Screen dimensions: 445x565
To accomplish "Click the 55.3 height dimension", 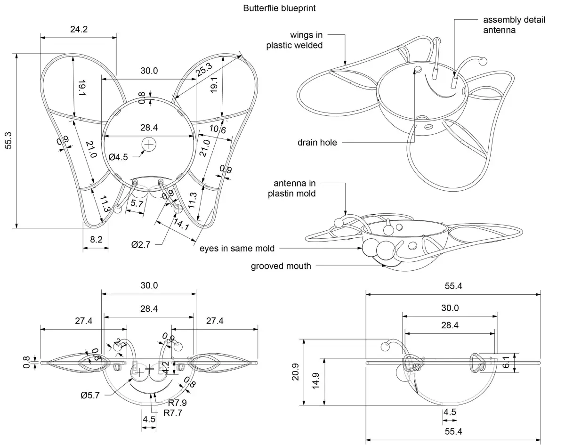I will click(x=8, y=140).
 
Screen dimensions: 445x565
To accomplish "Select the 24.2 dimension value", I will click(x=79, y=29).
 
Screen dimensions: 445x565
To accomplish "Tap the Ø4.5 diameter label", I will click(x=118, y=157).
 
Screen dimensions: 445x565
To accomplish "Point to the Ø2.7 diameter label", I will click(x=141, y=244).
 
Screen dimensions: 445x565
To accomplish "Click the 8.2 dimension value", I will click(x=96, y=239).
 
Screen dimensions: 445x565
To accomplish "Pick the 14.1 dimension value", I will click(x=182, y=227).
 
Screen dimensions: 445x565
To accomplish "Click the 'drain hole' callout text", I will click(x=317, y=142).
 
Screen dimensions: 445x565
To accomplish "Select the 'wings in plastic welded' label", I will click(x=294, y=40).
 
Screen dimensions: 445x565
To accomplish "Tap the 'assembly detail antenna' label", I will click(x=514, y=25).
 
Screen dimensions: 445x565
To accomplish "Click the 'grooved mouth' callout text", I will click(x=281, y=267).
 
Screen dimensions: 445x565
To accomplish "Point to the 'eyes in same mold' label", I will click(x=237, y=248).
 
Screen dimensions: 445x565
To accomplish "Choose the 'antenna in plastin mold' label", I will click(x=294, y=188).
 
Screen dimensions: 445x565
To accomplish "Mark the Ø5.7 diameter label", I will click(x=90, y=395).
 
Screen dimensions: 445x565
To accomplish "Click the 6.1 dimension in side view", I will click(x=519, y=363).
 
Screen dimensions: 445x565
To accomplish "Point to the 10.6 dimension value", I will click(x=218, y=129).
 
